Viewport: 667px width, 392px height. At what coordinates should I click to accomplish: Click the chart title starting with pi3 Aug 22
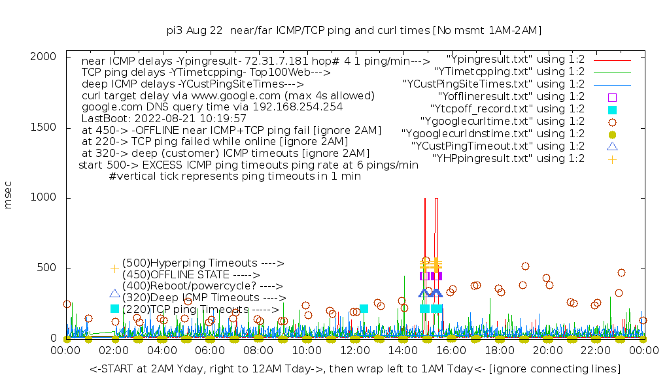(x=354, y=30)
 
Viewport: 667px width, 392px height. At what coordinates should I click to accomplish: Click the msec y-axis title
(x=9, y=197)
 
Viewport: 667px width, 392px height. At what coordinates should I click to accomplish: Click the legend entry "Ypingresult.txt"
(x=515, y=59)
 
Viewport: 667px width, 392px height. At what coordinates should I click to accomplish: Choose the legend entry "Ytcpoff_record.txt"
(x=507, y=108)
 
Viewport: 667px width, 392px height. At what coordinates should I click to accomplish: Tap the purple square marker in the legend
(x=612, y=97)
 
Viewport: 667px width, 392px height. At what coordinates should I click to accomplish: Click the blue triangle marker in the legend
(x=612, y=146)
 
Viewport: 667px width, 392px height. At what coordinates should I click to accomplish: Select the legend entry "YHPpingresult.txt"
(x=508, y=158)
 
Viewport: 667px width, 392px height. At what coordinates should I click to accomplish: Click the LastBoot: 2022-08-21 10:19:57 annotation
(x=163, y=118)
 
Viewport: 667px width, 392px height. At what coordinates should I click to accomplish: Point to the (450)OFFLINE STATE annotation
(x=191, y=275)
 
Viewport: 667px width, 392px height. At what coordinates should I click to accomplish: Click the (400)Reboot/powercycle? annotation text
(x=202, y=286)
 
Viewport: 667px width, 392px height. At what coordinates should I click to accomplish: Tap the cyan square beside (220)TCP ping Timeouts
(x=115, y=308)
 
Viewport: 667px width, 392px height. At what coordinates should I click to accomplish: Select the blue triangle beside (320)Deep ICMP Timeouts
(x=115, y=295)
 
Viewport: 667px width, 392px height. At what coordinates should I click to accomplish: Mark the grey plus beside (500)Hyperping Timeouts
(x=114, y=269)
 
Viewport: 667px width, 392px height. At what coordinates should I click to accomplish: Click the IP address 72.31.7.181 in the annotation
(x=272, y=60)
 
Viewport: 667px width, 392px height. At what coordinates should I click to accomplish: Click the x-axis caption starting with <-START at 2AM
(x=354, y=369)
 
